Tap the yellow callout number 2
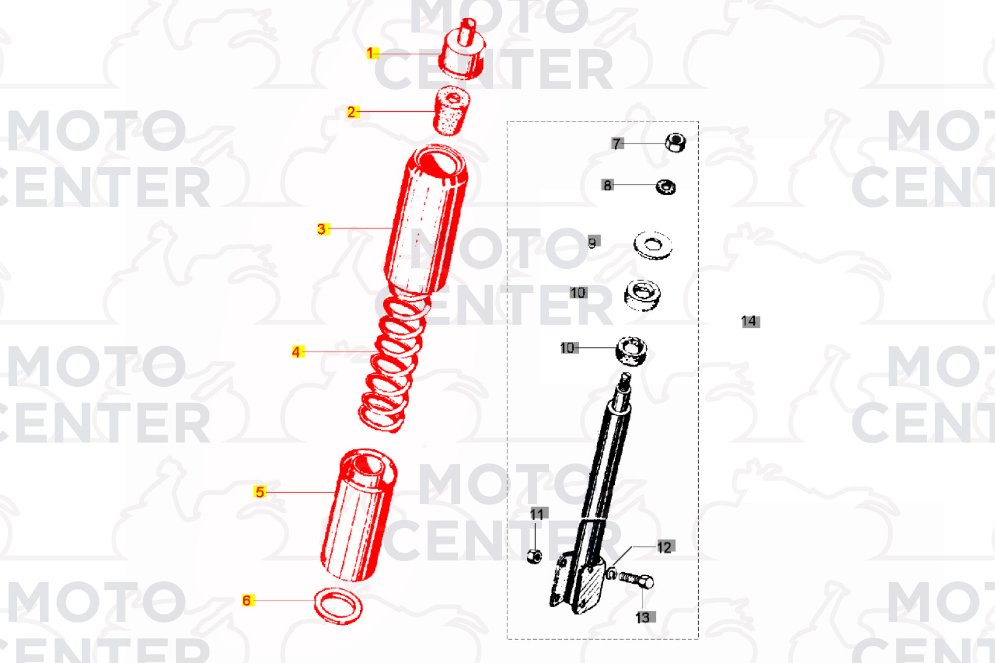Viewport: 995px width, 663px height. click(353, 112)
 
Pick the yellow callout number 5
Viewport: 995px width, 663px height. click(260, 492)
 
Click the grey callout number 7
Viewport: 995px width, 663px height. click(617, 144)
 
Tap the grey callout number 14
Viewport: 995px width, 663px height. click(751, 321)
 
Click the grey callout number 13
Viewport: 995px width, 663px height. click(645, 617)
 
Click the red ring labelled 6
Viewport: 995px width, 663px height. click(338, 606)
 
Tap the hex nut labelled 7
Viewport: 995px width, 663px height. click(675, 142)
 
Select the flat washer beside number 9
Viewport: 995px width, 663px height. click(652, 245)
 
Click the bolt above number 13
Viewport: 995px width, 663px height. click(636, 580)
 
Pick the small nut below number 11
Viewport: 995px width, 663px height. click(534, 556)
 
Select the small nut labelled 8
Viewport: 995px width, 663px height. click(666, 187)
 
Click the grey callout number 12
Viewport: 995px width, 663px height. click(666, 546)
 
